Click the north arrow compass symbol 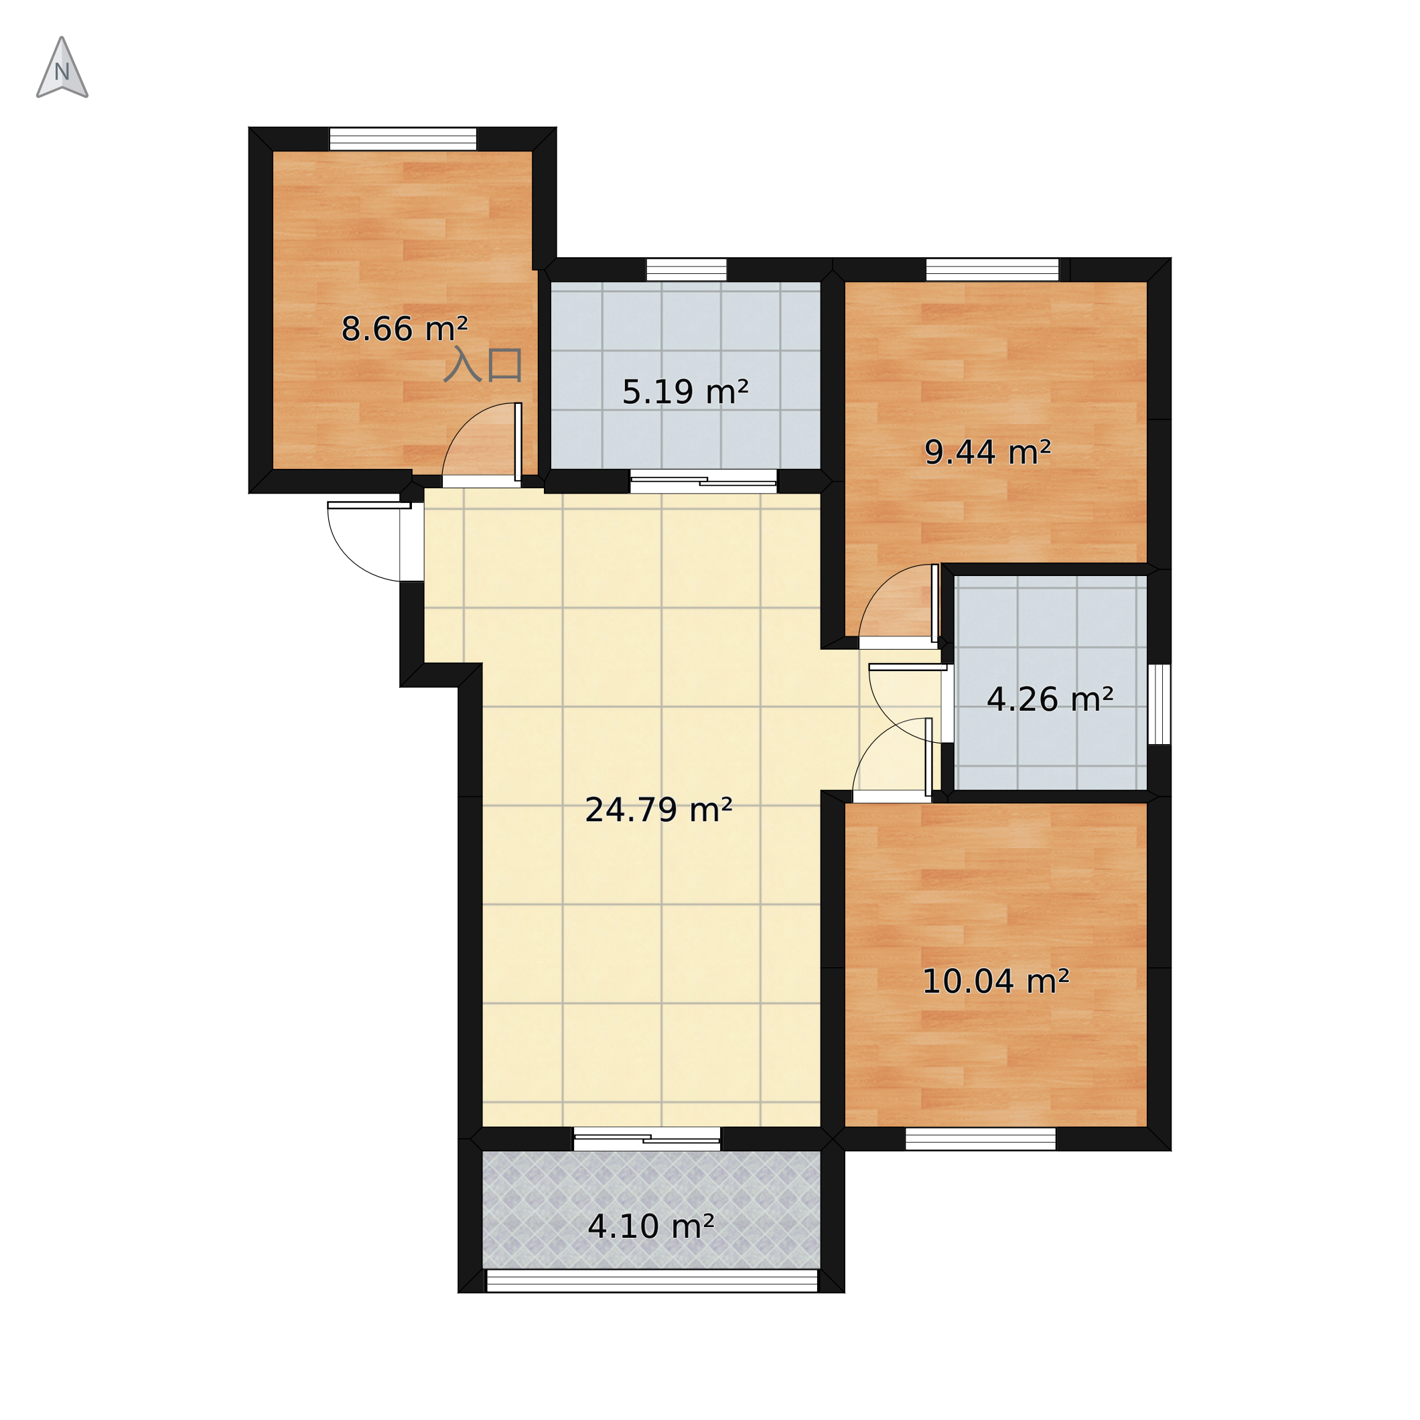[x=62, y=68]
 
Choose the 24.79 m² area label [x=658, y=809]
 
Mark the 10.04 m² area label [x=995, y=981]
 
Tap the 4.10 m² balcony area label [x=651, y=1226]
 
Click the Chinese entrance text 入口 [x=483, y=364]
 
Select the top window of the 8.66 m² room [x=403, y=139]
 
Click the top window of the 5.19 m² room [x=687, y=270]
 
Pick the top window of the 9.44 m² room [x=992, y=270]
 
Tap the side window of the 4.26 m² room [x=1159, y=704]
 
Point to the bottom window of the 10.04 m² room [x=981, y=1139]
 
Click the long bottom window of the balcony [x=652, y=1281]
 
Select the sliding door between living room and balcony [x=647, y=1139]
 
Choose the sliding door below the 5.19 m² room [x=703, y=482]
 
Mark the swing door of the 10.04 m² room [x=892, y=760]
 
